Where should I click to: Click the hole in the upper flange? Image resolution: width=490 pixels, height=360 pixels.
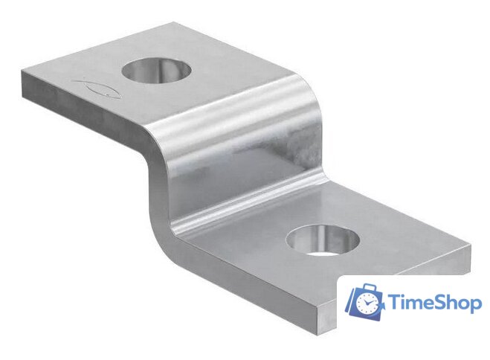[x=156, y=71]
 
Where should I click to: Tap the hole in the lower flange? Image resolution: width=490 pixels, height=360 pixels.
[x=323, y=242]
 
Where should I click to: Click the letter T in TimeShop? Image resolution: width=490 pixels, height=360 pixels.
[x=395, y=303]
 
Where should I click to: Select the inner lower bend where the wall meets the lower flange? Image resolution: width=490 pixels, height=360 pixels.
[x=245, y=212]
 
